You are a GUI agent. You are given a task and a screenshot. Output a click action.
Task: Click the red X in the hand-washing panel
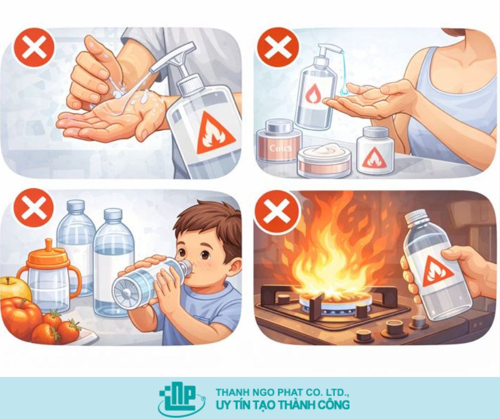(34, 48)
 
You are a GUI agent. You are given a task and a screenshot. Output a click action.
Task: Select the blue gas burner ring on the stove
(326, 304)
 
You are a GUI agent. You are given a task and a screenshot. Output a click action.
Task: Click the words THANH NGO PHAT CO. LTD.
(282, 392)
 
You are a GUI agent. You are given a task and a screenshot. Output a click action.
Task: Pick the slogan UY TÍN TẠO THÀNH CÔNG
(282, 405)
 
